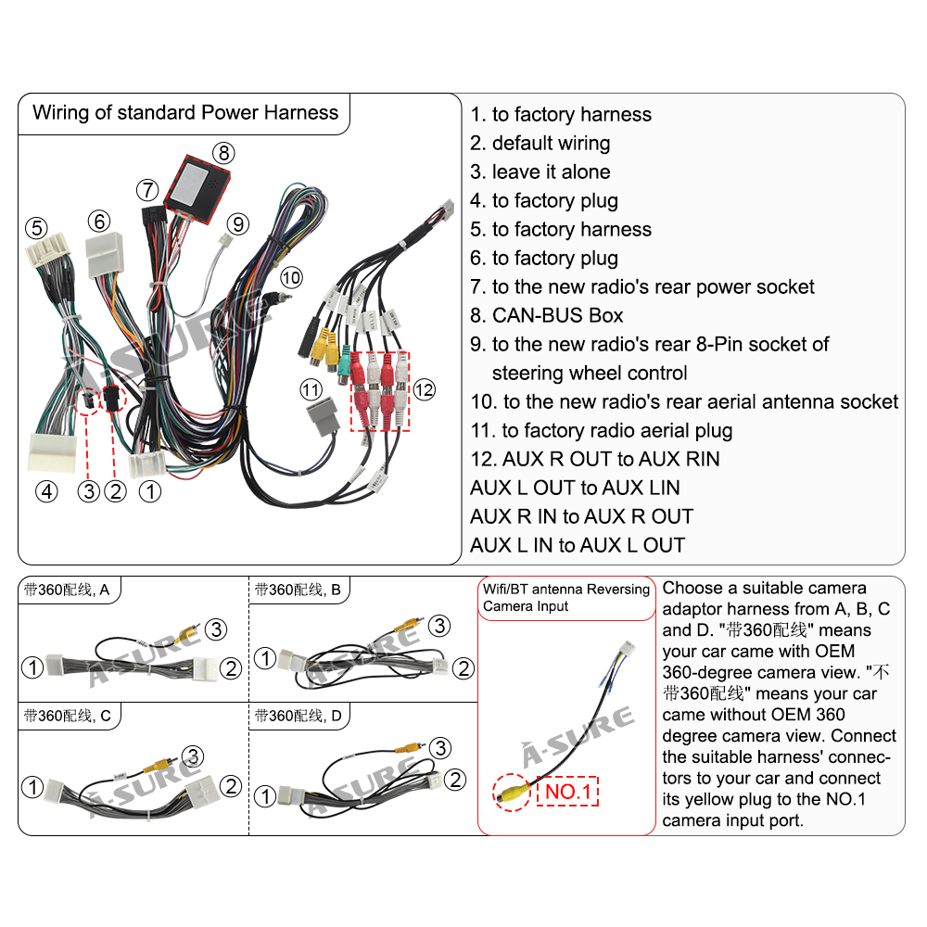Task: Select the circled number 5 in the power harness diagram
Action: coord(36,227)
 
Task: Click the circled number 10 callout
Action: coord(291,277)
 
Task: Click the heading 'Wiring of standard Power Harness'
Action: coord(185,113)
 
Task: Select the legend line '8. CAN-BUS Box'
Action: coord(546,315)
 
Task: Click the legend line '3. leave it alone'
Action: coord(540,171)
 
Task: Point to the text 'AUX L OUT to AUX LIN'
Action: coord(575,488)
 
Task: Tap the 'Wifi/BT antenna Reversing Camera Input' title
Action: coord(565,598)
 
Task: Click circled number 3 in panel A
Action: coord(216,629)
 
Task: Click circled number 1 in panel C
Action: coord(33,788)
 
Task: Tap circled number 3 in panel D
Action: coord(440,748)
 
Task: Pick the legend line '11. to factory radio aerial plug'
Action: coord(601,430)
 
